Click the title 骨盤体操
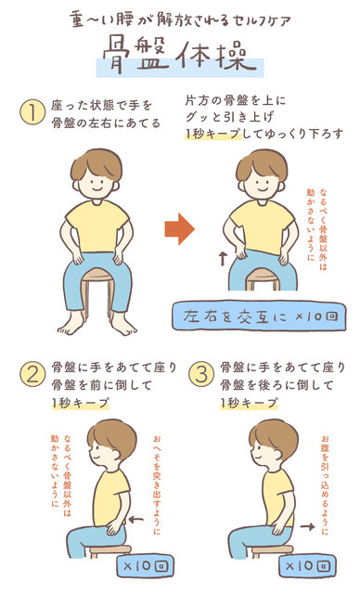180,58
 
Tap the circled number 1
32,112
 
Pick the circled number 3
201,375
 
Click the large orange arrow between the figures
180,229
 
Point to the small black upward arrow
223,259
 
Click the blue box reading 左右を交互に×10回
259,316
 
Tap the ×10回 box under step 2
146,566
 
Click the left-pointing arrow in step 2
136,519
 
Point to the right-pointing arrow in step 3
307,526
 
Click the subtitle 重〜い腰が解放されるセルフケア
180,19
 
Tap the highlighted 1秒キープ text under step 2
80,403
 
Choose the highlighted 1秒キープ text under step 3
249,403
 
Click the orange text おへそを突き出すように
157,485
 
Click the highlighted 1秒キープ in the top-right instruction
212,134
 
